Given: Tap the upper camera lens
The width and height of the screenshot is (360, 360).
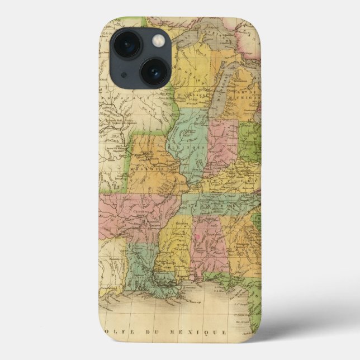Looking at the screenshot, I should click(127, 44).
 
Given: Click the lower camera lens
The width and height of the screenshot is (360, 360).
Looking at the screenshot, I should click(154, 72).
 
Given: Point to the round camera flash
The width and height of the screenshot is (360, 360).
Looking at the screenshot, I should click(159, 40).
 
